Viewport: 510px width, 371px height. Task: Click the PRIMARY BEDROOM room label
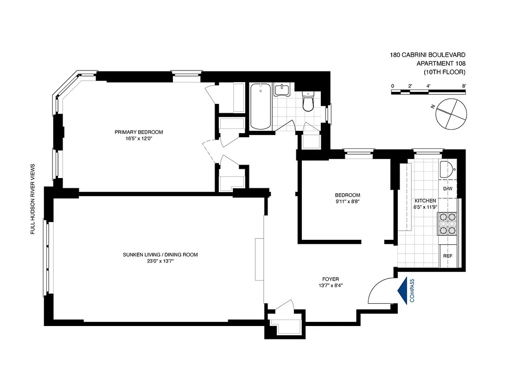pos(139,132)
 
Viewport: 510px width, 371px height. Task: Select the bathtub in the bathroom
pos(261,106)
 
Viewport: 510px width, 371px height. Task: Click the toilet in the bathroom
pos(308,102)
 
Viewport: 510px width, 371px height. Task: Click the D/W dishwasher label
pos(448,189)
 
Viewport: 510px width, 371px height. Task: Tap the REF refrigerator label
pos(448,256)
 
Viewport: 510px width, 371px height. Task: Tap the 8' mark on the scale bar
pos(464,86)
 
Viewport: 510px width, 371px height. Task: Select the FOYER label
pos(331,279)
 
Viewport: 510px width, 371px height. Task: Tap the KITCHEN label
pos(425,201)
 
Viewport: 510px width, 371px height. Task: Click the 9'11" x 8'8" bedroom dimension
pos(347,202)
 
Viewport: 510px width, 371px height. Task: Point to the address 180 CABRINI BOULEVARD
pos(427,55)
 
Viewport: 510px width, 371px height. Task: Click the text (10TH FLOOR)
pos(444,72)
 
